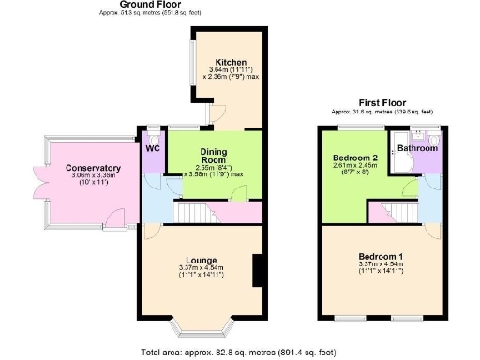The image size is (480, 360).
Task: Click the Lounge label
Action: click(x=202, y=260)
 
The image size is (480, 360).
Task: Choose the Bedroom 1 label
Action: click(x=382, y=256)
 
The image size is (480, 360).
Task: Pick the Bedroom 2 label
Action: click(x=354, y=157)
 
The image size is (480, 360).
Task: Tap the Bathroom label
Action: click(x=417, y=148)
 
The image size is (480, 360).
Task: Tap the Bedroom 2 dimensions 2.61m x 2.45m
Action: click(x=354, y=166)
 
